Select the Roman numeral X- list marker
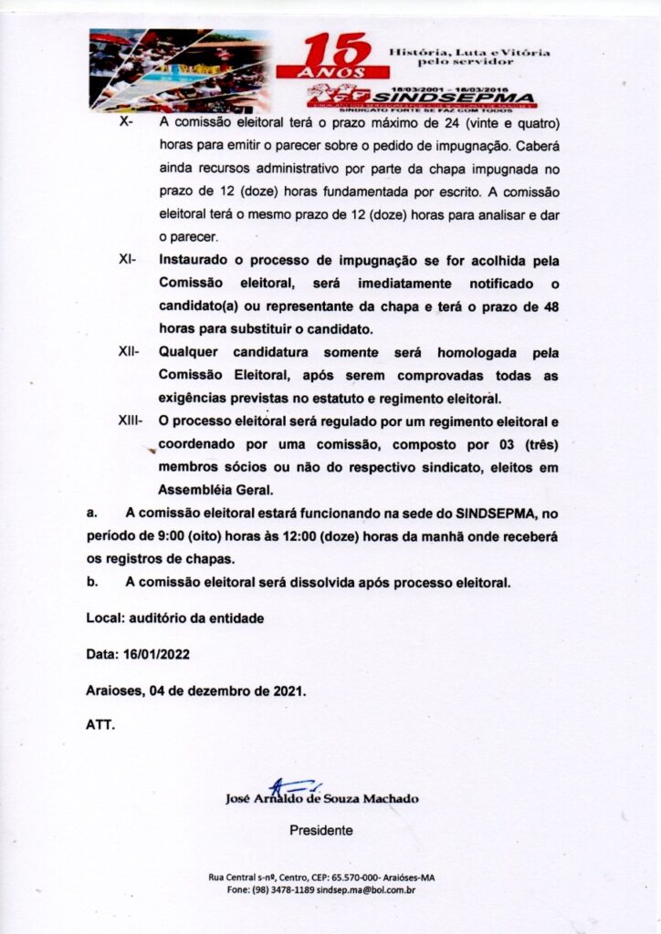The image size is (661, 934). click(x=127, y=123)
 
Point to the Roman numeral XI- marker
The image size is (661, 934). click(x=128, y=260)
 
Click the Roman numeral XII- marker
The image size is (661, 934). click(x=129, y=352)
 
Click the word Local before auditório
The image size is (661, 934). click(x=102, y=618)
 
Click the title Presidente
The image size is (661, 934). click(x=320, y=831)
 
